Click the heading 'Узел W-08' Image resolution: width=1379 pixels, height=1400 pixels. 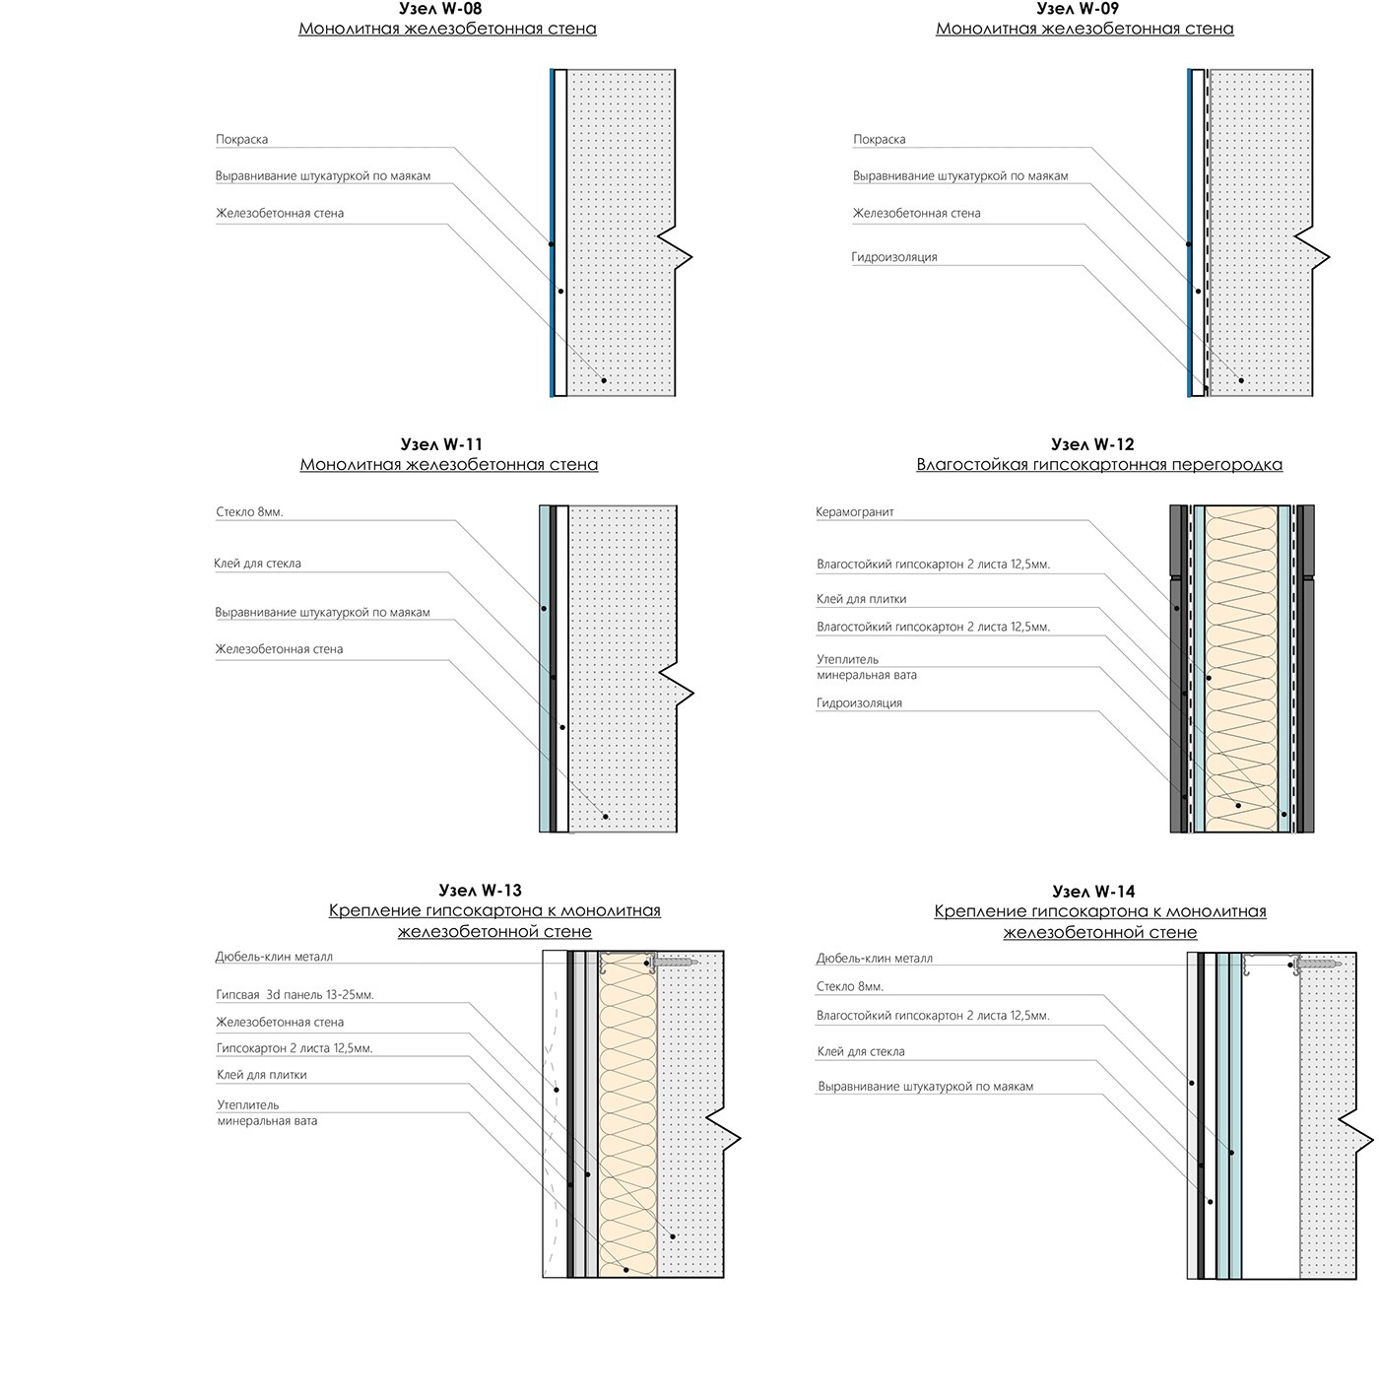point(447,9)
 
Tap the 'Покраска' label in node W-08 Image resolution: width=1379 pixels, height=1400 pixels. point(241,140)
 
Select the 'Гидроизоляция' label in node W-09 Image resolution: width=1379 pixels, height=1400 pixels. point(894,257)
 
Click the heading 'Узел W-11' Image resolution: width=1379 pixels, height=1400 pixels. point(442,444)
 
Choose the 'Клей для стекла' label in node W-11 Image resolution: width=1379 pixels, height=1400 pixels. point(258,564)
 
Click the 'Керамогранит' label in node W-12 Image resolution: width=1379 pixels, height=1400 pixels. point(855,512)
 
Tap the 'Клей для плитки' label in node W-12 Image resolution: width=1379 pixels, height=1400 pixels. point(861,599)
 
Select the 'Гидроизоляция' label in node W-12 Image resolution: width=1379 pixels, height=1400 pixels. point(859,703)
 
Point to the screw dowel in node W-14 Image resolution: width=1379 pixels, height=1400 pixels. point(1317,962)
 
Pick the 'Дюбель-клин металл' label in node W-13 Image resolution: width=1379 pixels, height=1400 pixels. point(274,957)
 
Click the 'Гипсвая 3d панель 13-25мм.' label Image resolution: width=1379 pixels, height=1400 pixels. point(295,995)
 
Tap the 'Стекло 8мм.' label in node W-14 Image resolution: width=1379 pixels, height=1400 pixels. point(849,986)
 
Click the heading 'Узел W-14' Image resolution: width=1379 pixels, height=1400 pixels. point(1093,892)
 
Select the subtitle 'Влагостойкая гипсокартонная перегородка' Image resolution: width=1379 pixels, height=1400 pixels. point(1099,465)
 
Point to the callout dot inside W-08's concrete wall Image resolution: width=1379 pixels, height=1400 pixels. point(604,380)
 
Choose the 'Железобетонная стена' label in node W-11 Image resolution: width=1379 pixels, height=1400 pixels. point(280,649)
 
